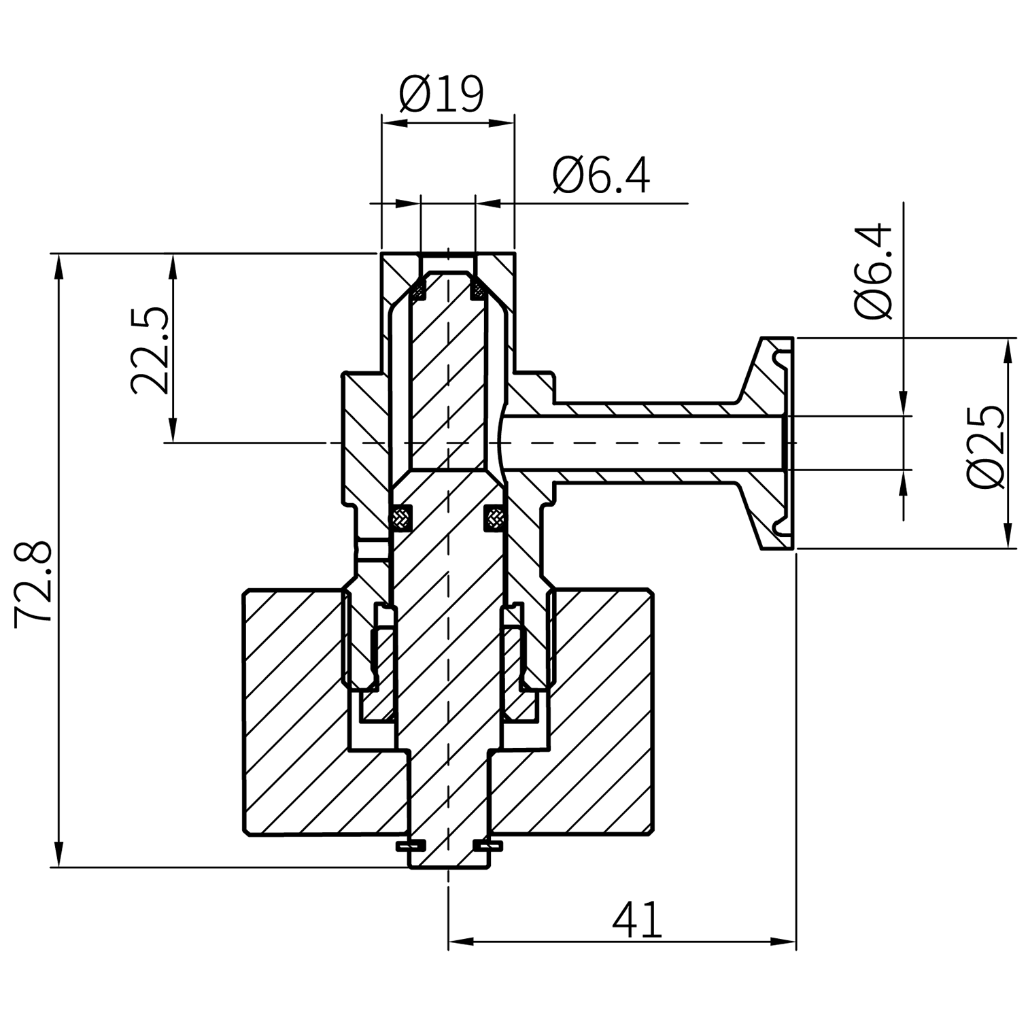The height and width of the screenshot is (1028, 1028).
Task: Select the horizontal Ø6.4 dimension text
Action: pyautogui.click(x=601, y=175)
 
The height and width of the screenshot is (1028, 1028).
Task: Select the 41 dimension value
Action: pyautogui.click(x=636, y=921)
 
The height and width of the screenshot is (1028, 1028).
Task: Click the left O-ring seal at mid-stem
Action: pyautogui.click(x=401, y=518)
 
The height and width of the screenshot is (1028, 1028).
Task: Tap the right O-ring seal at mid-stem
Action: pyautogui.click(x=494, y=519)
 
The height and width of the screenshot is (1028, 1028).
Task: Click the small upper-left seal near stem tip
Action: pyautogui.click(x=417, y=292)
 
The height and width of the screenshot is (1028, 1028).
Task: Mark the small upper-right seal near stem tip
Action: pyautogui.click(x=479, y=292)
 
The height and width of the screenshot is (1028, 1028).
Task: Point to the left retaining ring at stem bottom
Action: pyautogui.click(x=411, y=846)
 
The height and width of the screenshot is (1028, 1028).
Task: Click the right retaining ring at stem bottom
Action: pyautogui.click(x=487, y=846)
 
